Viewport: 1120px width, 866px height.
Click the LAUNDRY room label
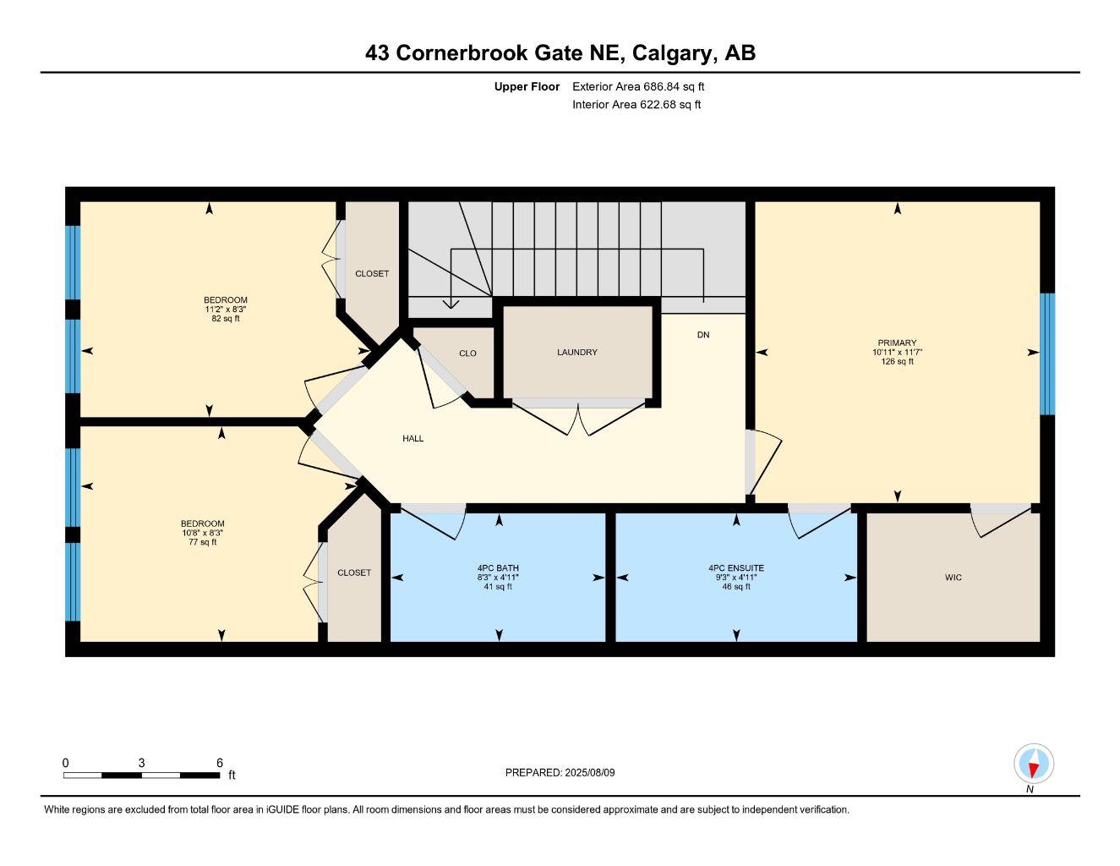point(577,352)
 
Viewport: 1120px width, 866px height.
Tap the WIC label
point(953,578)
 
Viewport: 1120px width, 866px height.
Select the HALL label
point(412,438)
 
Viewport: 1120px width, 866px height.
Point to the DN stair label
point(703,335)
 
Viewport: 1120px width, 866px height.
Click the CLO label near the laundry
point(467,354)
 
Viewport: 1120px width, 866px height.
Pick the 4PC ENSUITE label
point(735,568)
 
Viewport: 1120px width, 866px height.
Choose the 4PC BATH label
point(498,568)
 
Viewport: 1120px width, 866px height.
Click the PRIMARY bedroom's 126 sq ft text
point(897,362)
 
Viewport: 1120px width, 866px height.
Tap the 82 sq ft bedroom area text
point(226,319)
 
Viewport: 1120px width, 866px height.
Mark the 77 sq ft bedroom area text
point(202,542)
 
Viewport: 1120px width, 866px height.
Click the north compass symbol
point(1033,765)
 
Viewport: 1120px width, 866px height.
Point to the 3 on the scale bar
point(141,763)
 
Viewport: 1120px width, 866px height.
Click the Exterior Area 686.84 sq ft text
point(638,86)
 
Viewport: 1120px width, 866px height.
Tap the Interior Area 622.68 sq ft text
point(636,105)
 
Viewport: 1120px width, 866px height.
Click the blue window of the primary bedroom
point(1047,354)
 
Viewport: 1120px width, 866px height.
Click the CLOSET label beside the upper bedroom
point(372,273)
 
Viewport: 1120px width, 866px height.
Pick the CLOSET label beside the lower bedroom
point(354,573)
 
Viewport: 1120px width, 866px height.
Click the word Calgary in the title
point(672,52)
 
